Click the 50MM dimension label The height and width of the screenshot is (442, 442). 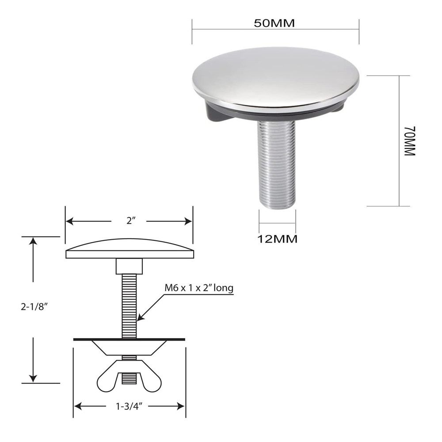[274, 23]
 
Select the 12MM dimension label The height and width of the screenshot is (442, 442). [277, 239]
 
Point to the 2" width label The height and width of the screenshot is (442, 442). [129, 221]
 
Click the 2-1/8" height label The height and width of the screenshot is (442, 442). [34, 306]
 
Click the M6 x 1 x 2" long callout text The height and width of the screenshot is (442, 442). [199, 289]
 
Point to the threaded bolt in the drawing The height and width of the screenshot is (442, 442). [129, 305]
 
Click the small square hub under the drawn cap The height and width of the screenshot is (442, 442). [129, 267]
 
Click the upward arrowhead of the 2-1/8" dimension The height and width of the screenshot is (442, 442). [33, 240]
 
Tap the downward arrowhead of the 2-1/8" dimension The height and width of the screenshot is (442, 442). [33, 380]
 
